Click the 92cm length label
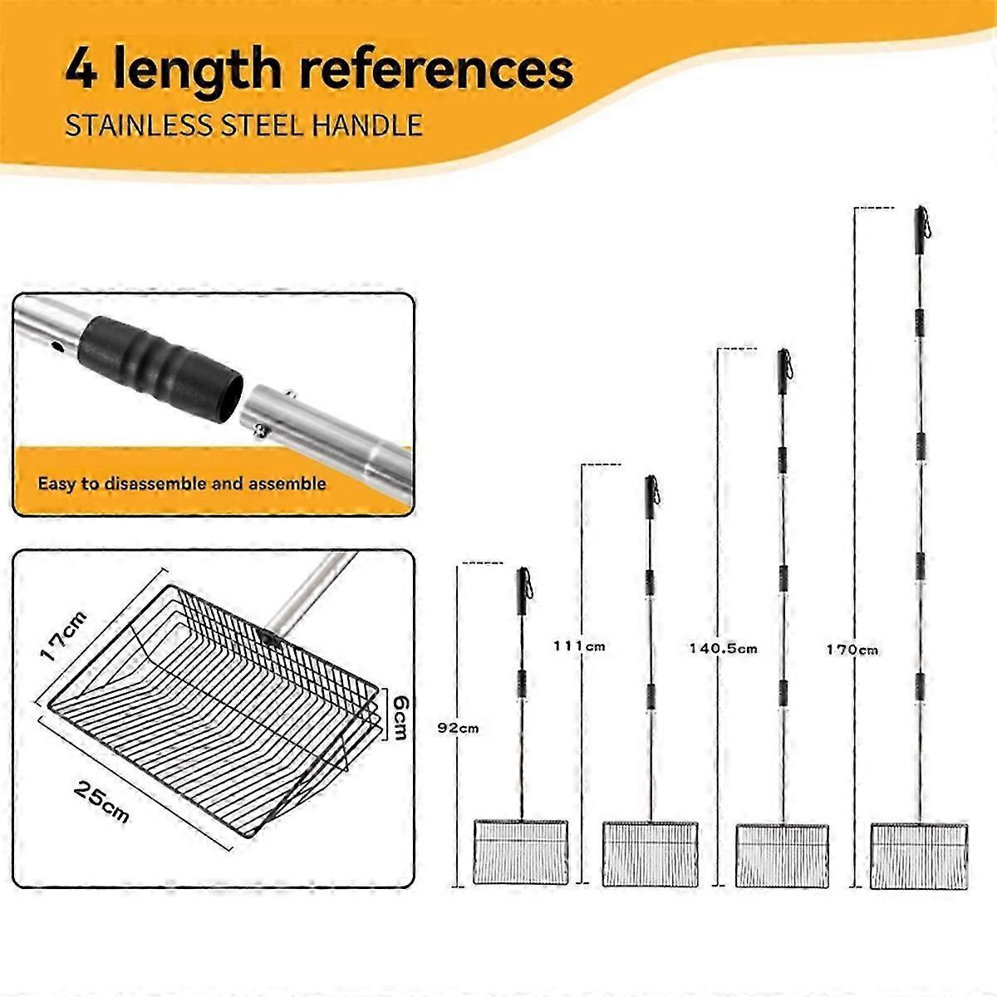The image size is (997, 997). click(458, 728)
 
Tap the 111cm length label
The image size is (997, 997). click(579, 646)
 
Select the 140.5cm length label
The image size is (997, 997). click(723, 648)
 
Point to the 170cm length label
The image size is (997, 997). click(852, 650)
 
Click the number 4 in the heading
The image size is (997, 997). click(81, 68)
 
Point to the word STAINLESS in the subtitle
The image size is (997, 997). click(139, 125)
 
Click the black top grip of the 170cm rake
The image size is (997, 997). click(921, 230)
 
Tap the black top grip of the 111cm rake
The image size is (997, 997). click(651, 497)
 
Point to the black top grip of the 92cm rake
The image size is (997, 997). click(524, 591)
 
